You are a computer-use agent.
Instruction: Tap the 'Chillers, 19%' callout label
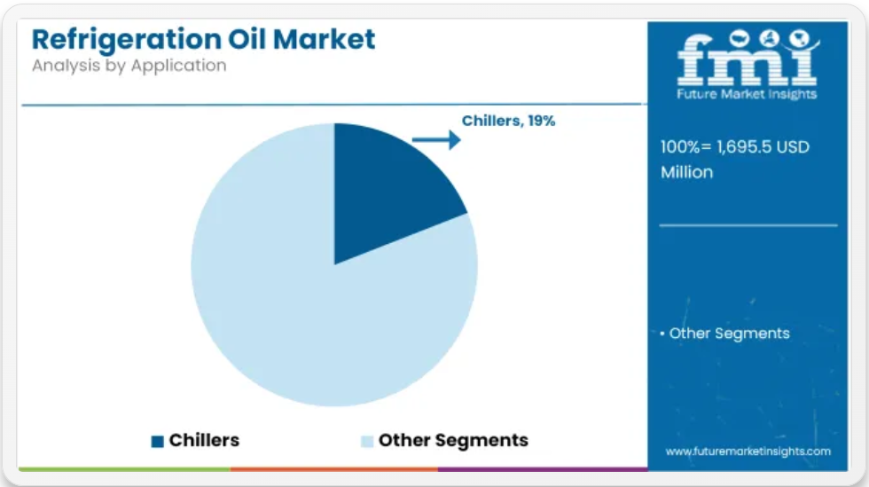point(508,121)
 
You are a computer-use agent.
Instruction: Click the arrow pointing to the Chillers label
point(436,140)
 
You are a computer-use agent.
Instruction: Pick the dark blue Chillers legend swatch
point(158,441)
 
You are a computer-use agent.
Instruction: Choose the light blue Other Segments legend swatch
point(367,441)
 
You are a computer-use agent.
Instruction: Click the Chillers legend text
point(204,440)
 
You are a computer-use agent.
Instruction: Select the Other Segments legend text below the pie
point(453,440)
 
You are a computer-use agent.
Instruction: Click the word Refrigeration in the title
point(127,40)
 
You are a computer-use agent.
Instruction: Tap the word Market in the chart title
point(325,39)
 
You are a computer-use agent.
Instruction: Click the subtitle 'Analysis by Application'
point(129,66)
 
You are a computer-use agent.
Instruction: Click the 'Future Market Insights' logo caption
point(747,94)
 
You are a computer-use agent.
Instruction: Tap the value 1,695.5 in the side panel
point(744,147)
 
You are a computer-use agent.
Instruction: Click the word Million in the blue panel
point(686,172)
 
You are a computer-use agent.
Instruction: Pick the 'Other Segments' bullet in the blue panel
point(725,334)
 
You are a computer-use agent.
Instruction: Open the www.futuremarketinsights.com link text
point(748,452)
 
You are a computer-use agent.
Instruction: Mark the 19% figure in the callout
point(542,121)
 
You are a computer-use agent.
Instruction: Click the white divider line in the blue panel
point(748,225)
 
